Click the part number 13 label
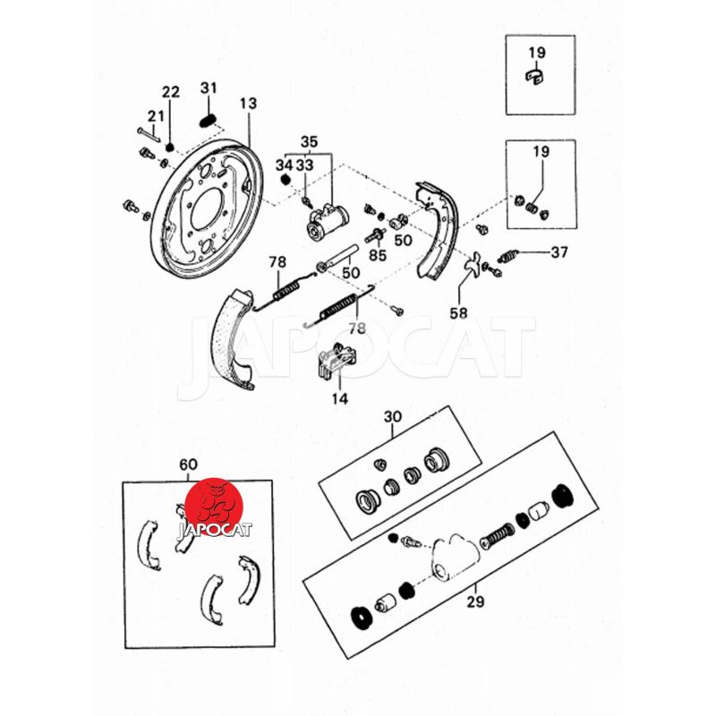247,104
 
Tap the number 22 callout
170,91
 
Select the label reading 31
209,88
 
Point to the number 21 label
156,115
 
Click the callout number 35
309,141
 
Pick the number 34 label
284,165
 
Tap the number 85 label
377,254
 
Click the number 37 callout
558,252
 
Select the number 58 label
458,313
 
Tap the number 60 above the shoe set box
188,465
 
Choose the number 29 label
474,601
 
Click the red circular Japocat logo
214,507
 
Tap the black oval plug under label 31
208,119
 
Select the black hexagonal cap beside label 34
286,179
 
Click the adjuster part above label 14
333,360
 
